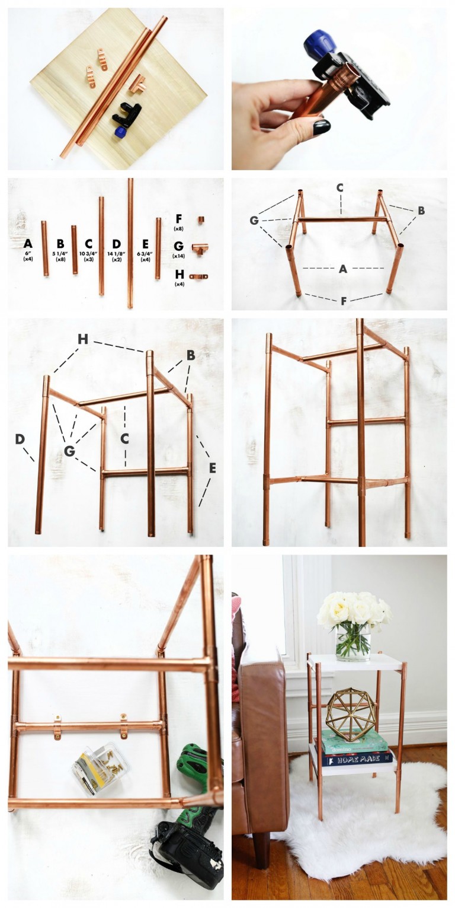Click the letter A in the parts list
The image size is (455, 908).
[28, 243]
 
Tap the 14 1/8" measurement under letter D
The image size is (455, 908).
[116, 253]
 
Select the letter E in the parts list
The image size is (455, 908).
[145, 243]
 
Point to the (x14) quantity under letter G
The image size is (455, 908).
[178, 256]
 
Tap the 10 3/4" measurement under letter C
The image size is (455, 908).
[88, 253]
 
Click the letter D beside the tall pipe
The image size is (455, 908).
[20, 439]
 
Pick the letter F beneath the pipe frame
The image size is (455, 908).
[343, 301]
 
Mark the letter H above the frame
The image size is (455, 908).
[83, 339]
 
